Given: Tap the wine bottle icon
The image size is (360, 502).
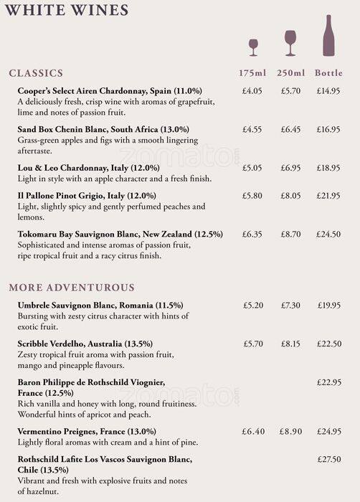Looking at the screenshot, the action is point(328,35).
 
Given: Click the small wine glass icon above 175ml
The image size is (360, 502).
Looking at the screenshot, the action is point(252,47).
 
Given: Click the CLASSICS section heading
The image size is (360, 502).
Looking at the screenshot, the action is point(36,73).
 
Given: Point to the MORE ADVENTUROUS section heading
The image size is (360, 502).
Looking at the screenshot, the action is point(72,288).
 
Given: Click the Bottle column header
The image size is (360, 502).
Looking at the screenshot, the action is point(328,73).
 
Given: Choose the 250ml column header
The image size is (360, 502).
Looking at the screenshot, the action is point(290,73).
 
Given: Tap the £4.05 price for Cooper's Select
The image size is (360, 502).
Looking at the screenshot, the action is point(252,91).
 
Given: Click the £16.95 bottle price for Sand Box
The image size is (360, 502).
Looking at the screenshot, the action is point(328,130).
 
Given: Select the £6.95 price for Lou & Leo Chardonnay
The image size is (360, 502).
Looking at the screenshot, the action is point(290,168).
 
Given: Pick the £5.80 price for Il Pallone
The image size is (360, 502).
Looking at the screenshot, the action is point(252,195).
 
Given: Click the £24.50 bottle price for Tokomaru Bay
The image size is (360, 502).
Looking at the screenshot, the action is point(328,234).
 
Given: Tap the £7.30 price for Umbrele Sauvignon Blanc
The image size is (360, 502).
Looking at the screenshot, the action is point(290,305).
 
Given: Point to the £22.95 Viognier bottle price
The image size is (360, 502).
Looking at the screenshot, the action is point(328,382).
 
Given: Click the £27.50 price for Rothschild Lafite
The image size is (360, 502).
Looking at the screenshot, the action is point(328,458).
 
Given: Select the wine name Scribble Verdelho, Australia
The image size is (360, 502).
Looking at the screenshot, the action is point(85,344).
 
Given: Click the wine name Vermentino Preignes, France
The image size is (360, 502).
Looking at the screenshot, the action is point(86,432).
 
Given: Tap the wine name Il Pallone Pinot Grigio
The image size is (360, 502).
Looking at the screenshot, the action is point(86,196).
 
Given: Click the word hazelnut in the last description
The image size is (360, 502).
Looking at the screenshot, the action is point(37,493).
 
